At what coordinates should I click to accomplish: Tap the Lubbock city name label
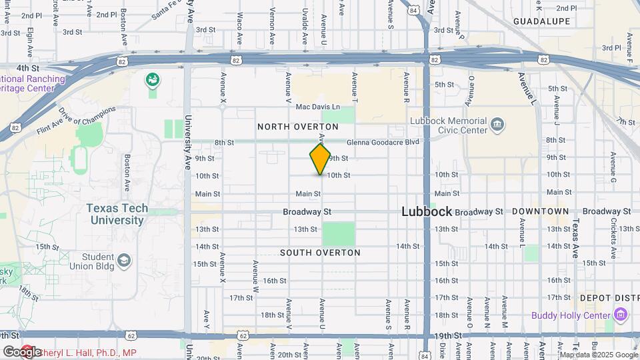point(427,211)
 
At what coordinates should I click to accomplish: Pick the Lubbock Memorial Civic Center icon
point(497,125)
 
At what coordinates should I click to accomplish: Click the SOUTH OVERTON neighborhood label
point(320,253)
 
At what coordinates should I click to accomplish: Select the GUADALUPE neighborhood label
point(541,21)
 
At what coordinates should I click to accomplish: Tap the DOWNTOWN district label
point(541,211)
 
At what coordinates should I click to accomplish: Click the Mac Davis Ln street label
point(317,107)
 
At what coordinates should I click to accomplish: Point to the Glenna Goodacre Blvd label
point(382,142)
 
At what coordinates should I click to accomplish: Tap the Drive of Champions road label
point(87,117)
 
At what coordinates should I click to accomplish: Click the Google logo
point(22,351)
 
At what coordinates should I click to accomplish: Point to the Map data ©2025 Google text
point(599,355)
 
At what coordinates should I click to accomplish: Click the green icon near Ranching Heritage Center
point(153,80)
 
